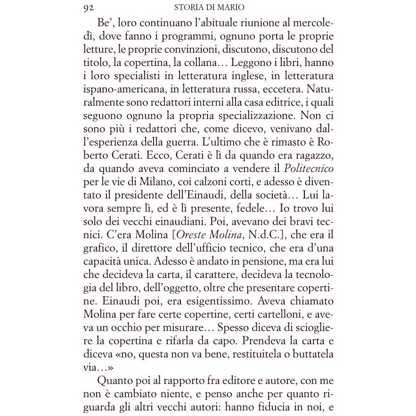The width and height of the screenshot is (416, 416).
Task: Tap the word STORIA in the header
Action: point(188,7)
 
